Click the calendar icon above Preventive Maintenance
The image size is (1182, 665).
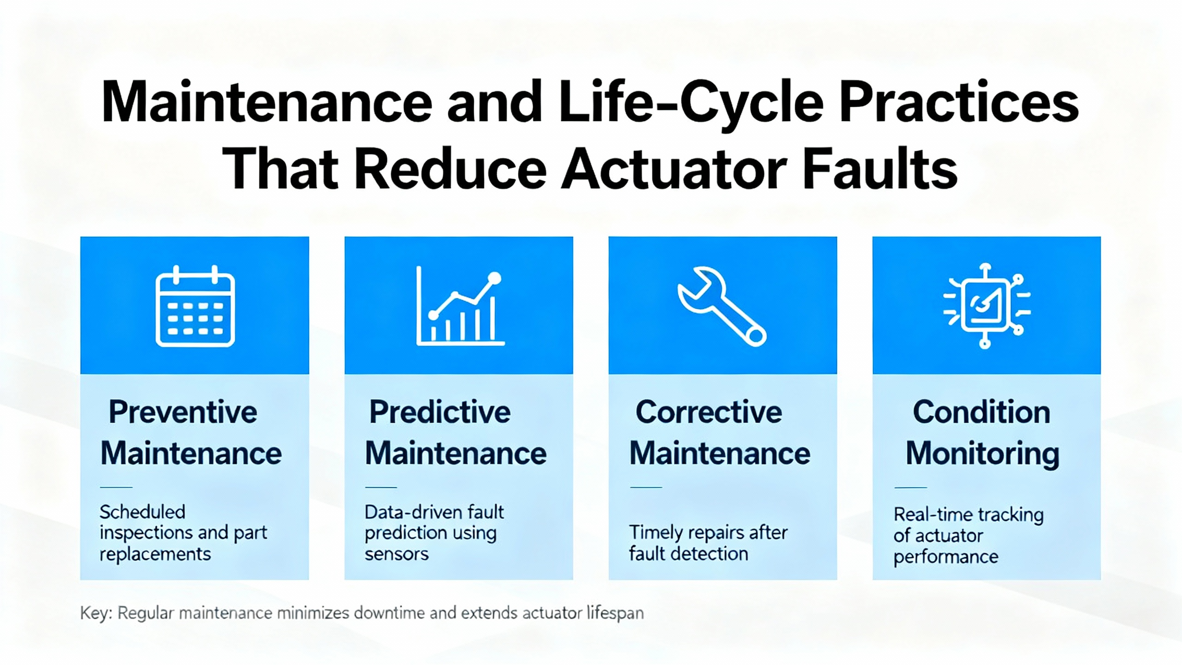click(x=195, y=306)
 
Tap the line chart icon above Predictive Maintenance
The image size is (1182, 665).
click(x=459, y=306)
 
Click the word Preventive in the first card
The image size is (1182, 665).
click(x=183, y=412)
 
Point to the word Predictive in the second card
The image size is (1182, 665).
click(x=440, y=412)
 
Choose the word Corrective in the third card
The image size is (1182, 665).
click(x=709, y=412)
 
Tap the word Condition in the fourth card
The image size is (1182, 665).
click(x=982, y=412)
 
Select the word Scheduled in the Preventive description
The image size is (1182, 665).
click(x=143, y=512)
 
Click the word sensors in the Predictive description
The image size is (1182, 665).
click(x=397, y=554)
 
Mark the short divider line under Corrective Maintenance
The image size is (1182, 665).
click(x=646, y=487)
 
